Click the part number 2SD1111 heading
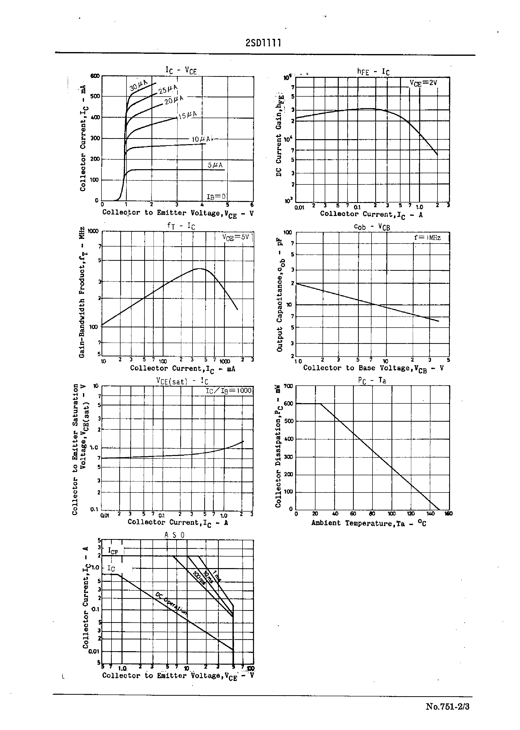(263, 43)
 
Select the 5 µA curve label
(215, 165)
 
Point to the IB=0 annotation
(216, 196)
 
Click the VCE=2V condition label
(423, 83)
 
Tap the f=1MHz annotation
(427, 237)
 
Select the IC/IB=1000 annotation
(228, 391)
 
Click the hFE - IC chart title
(373, 72)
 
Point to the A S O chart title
(174, 535)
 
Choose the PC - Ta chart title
(372, 380)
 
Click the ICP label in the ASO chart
(113, 551)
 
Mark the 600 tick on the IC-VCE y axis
(95, 76)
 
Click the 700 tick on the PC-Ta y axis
(288, 386)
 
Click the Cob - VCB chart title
(372, 227)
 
